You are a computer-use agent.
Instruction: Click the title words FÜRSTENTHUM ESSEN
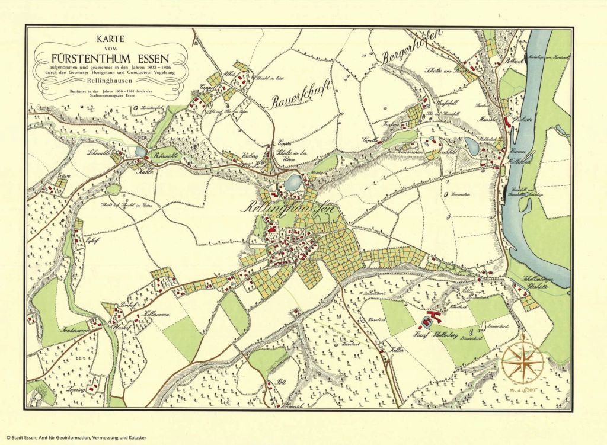click(110, 59)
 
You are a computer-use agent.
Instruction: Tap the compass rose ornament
click(523, 359)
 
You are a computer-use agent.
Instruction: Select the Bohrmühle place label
click(167, 155)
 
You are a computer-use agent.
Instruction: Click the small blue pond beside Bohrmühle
click(140, 152)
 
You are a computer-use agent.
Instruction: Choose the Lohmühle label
click(99, 153)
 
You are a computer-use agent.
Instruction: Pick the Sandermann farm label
click(74, 330)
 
